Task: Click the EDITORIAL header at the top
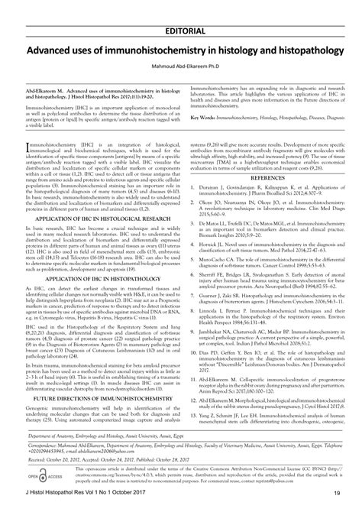180,9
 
